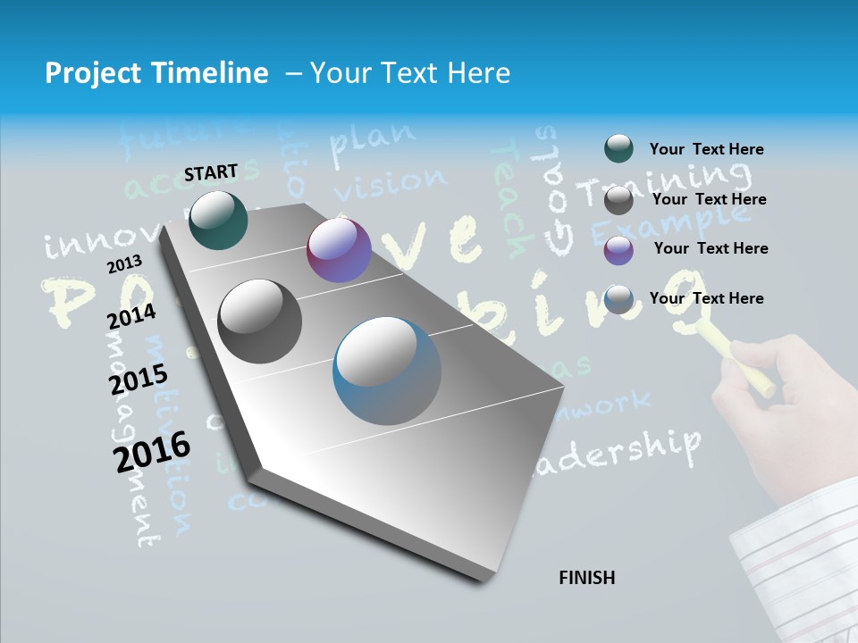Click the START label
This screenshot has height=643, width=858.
[x=211, y=172]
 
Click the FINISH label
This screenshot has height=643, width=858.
[x=586, y=578]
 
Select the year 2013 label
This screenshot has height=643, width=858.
[x=124, y=263]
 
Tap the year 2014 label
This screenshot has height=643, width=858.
[x=131, y=316]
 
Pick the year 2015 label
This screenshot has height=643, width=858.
[x=139, y=380]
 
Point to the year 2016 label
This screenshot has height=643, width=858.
[x=152, y=451]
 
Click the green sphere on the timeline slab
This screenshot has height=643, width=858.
[x=218, y=220]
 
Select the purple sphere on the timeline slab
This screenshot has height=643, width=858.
[x=339, y=250]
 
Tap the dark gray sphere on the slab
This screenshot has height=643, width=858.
[x=260, y=321]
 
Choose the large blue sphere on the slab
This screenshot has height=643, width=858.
[x=387, y=371]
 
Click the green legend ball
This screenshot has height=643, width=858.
[x=618, y=149]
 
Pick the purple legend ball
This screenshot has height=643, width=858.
[x=618, y=250]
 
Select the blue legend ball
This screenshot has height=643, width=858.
[x=618, y=300]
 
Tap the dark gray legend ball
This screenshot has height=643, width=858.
[x=618, y=200]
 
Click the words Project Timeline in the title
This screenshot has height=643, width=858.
[x=156, y=73]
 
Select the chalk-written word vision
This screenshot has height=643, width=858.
[x=391, y=184]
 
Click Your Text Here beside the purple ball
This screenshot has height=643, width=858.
[x=711, y=248]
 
